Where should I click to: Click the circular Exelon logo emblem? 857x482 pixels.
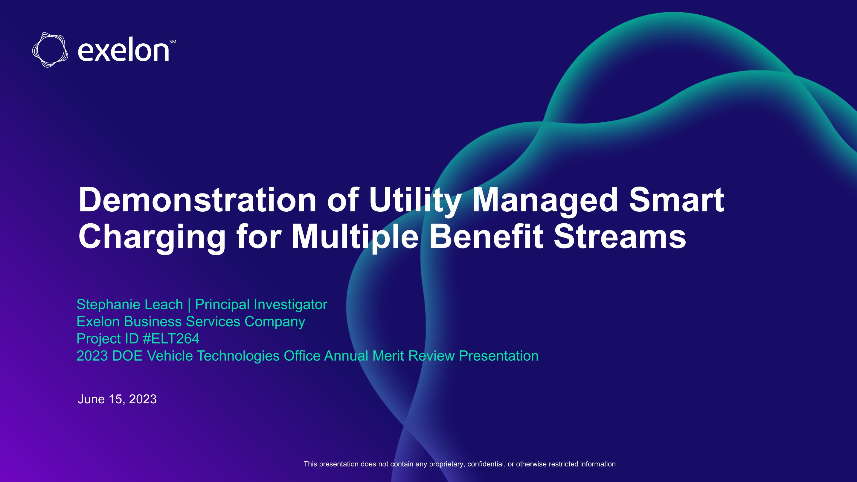(50, 50)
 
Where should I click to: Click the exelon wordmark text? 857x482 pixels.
(123, 51)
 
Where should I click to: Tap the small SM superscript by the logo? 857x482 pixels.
(173, 42)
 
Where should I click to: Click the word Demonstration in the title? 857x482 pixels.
(198, 200)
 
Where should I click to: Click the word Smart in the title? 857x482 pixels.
(677, 200)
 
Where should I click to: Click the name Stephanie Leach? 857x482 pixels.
(130, 305)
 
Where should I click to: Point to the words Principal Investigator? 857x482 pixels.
(261, 305)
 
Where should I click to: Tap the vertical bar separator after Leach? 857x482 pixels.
(189, 305)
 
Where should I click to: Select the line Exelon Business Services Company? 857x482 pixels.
(191, 322)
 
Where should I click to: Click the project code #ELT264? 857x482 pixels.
(171, 339)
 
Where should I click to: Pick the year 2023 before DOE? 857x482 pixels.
(92, 356)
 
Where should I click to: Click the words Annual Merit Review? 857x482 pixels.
(389, 356)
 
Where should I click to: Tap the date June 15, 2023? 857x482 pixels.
(117, 399)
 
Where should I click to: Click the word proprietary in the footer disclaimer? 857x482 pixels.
(447, 464)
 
